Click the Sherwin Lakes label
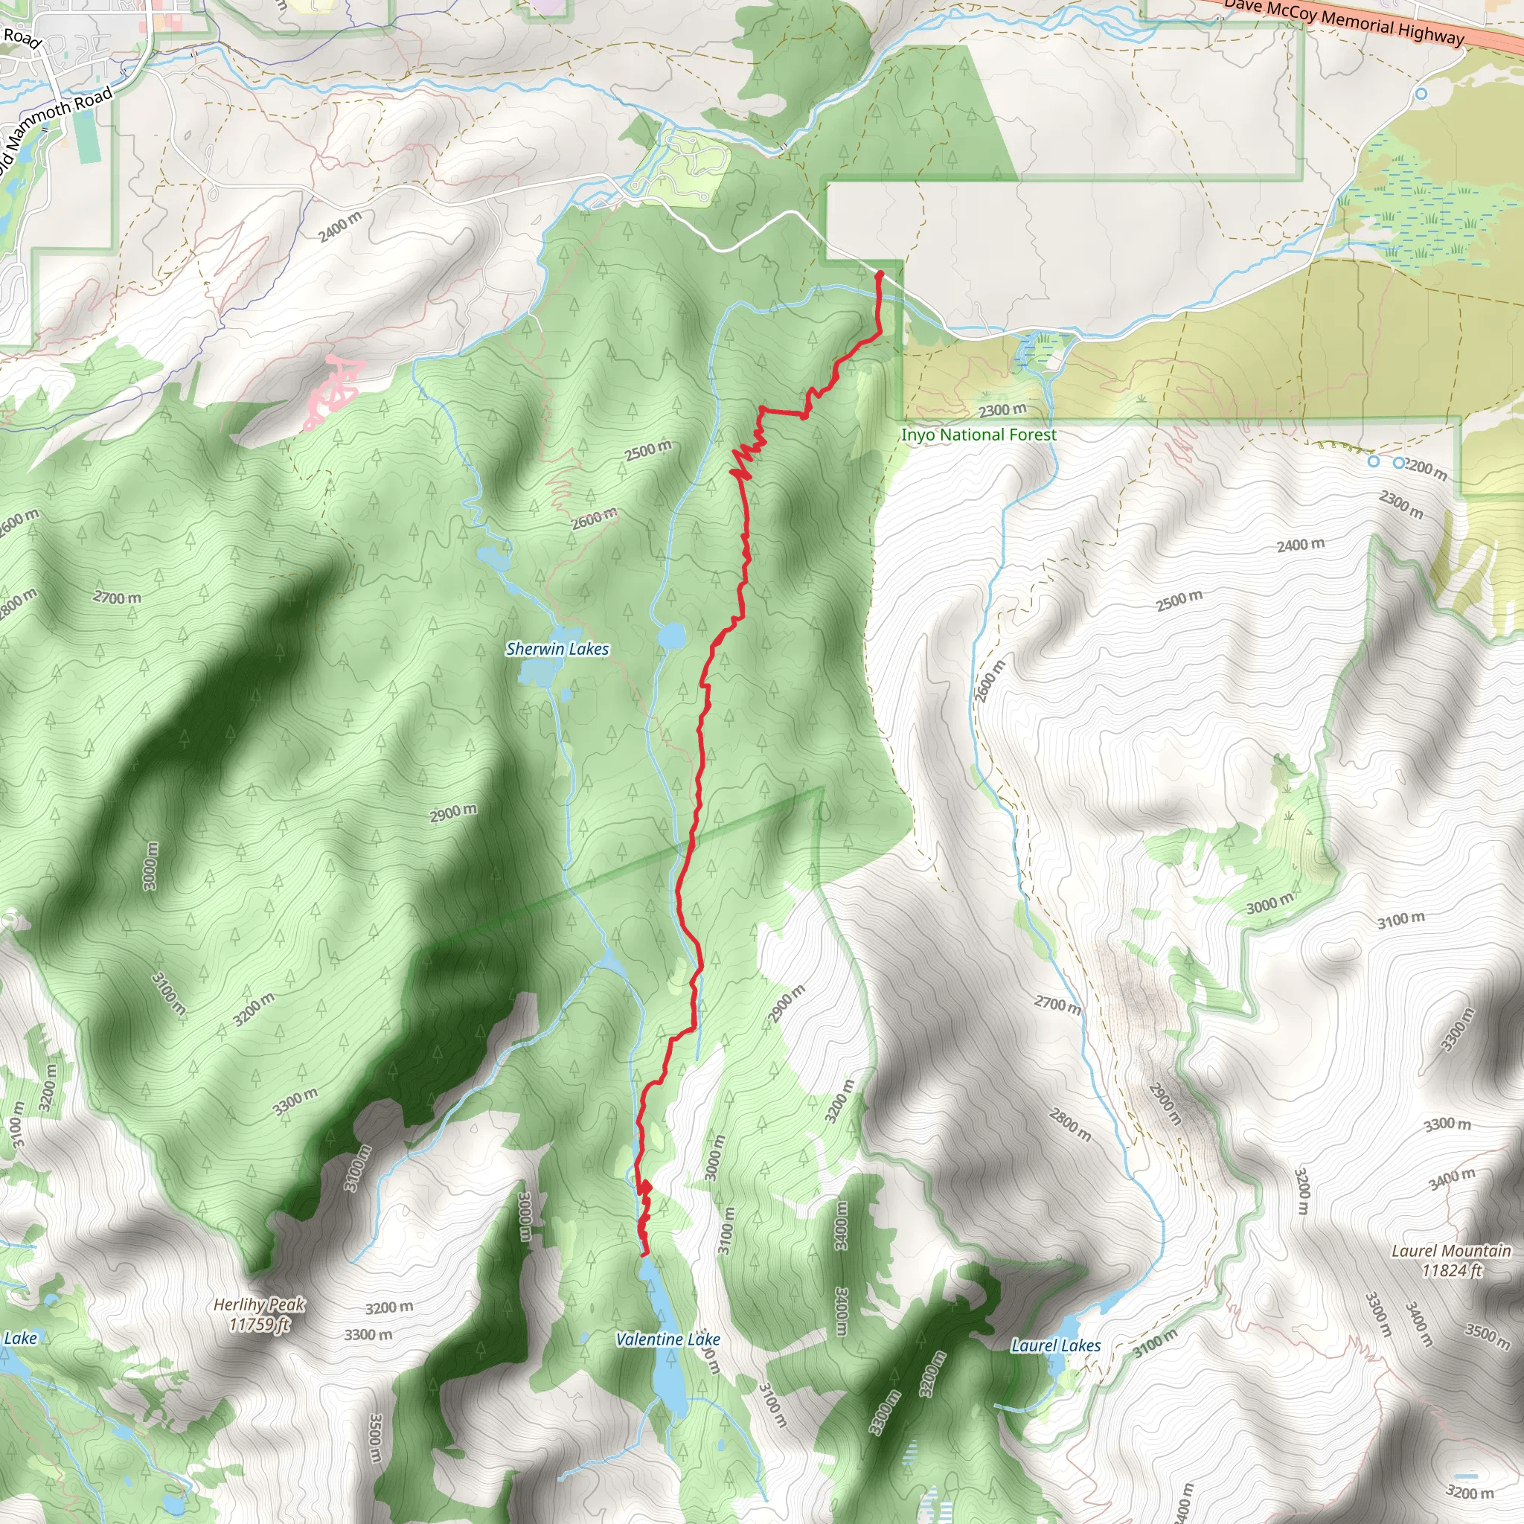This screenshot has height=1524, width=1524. click(557, 648)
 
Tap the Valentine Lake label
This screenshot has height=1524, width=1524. click(667, 1339)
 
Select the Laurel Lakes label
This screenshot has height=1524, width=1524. click(1055, 1345)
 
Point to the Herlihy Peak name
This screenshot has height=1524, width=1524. click(259, 1304)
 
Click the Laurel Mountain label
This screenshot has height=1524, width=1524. click(1450, 1251)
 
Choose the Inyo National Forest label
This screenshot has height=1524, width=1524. click(978, 435)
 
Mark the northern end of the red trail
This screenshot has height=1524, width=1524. click(880, 274)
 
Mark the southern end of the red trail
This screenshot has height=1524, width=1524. click(645, 1253)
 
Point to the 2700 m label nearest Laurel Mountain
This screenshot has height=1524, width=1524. click(1057, 1004)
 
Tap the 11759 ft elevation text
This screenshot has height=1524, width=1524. click(259, 1324)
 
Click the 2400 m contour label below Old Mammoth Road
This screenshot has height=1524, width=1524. click(340, 227)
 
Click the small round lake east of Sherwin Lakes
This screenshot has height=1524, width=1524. click(671, 635)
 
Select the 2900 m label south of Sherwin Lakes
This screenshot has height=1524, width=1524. click(452, 813)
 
